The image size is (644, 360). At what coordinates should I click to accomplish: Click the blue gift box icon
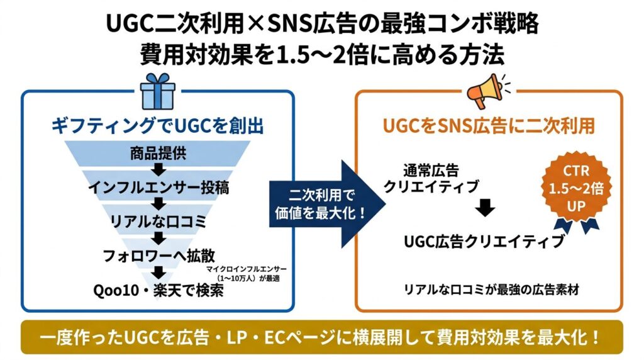[158, 91]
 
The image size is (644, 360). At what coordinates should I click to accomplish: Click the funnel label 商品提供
[158, 154]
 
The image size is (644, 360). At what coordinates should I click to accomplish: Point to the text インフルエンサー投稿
[158, 186]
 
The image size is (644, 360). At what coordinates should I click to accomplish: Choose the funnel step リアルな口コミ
[158, 220]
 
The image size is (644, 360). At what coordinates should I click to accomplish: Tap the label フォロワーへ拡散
[158, 256]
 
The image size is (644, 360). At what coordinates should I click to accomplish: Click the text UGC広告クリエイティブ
[483, 241]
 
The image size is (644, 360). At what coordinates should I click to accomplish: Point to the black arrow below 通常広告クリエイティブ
[483, 209]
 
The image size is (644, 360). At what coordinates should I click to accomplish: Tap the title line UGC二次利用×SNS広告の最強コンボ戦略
[321, 25]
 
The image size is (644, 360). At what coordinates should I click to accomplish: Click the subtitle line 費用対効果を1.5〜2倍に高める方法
[321, 55]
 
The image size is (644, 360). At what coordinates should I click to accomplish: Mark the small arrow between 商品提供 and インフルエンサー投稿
[158, 169]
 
